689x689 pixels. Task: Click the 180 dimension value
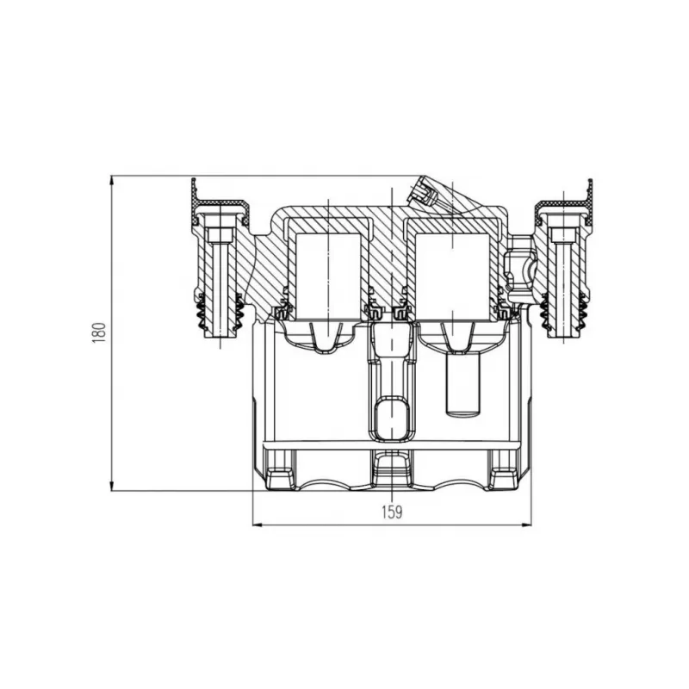pyautogui.click(x=99, y=332)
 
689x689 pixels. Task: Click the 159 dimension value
pyautogui.click(x=392, y=512)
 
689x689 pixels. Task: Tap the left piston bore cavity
pyautogui.click(x=329, y=276)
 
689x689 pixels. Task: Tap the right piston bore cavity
pyautogui.click(x=452, y=276)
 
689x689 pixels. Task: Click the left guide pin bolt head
pyautogui.click(x=220, y=235)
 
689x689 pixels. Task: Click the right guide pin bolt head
pyautogui.click(x=563, y=235)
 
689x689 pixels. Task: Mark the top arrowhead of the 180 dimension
pyautogui.click(x=112, y=177)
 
